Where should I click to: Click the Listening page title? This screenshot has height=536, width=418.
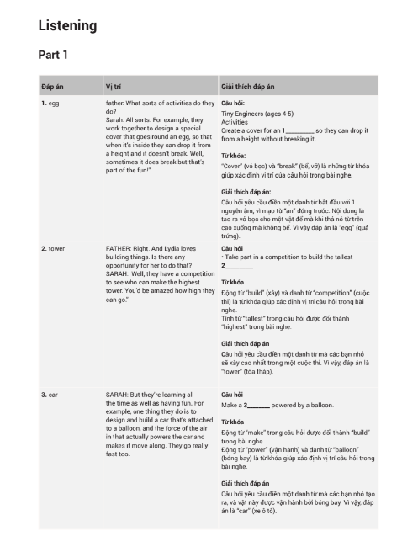[68, 26]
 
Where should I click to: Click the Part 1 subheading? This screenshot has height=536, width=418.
[53, 56]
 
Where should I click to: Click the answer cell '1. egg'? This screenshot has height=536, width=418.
[50, 103]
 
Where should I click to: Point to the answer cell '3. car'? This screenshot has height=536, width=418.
[50, 394]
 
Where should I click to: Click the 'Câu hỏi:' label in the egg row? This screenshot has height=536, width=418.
[233, 103]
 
